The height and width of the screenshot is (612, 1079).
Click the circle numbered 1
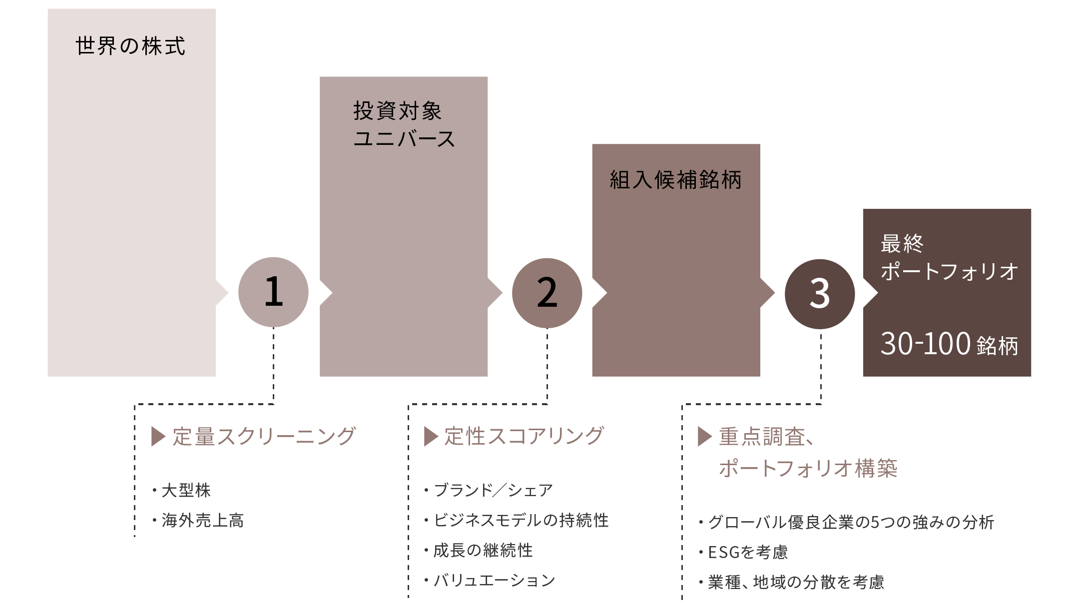pos(273,292)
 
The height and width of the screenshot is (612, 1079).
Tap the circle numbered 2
pos(547,293)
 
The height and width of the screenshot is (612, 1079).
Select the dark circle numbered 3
pos(820,294)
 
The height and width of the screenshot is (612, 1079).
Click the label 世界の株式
pos(130,46)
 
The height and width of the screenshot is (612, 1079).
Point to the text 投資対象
pos(398,110)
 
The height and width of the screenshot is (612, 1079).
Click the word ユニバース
pos(404,138)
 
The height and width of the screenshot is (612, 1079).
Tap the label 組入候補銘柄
pos(675,180)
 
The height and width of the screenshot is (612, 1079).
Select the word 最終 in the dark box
pos(902,244)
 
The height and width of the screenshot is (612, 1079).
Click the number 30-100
pos(925,344)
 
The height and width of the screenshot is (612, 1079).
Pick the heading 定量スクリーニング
pos(264,436)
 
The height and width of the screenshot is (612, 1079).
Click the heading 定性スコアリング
pos(524,436)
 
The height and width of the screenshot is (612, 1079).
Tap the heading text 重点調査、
pos(767,437)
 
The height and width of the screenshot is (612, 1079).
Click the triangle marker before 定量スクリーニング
pos(158,436)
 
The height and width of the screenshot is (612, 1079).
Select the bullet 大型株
pos(186,490)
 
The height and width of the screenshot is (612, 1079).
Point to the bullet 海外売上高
pos(202,521)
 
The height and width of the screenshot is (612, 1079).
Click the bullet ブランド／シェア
pos(493,490)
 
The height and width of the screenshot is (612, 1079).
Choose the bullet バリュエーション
pos(494,580)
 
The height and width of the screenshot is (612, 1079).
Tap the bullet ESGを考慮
pos(748,552)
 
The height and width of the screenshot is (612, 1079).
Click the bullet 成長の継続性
pos(483,550)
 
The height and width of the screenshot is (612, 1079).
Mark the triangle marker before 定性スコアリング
pos(431,436)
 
